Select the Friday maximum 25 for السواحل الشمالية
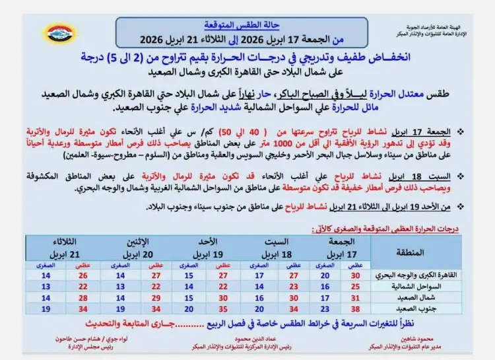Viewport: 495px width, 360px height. (356, 286)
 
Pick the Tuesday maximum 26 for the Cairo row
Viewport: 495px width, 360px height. (82, 275)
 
